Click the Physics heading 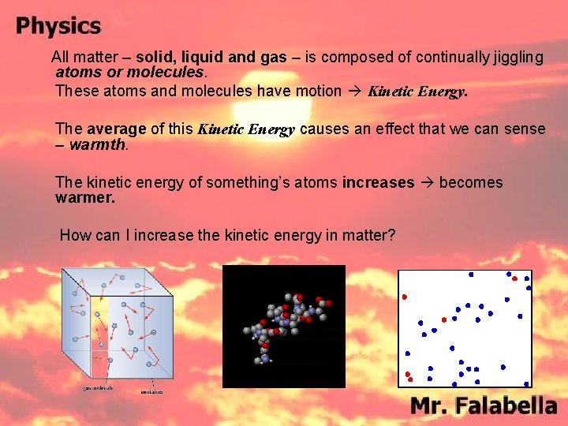click(x=58, y=26)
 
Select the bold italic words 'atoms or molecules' click(x=129, y=73)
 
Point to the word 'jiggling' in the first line click(x=517, y=57)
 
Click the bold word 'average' click(x=117, y=128)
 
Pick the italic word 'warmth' click(x=98, y=144)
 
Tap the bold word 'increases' click(x=378, y=182)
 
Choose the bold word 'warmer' click(x=84, y=198)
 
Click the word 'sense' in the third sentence click(x=525, y=128)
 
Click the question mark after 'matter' click(x=391, y=234)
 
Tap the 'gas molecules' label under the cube click(x=99, y=388)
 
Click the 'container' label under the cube click(x=152, y=391)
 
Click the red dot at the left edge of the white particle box click(x=405, y=297)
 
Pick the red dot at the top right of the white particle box click(x=514, y=278)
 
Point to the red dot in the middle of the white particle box click(x=444, y=319)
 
